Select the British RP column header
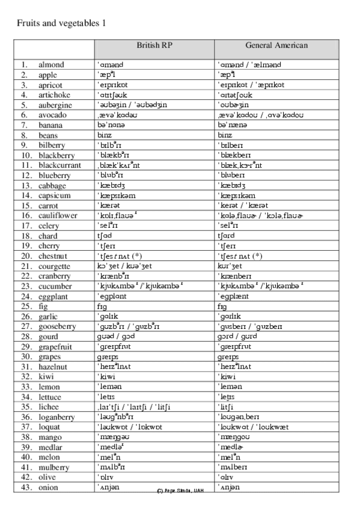click(x=154, y=46)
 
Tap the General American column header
click(x=276, y=46)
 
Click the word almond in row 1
click(x=52, y=64)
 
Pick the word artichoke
click(x=55, y=94)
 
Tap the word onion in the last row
click(x=49, y=487)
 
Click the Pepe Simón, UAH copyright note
click(x=180, y=490)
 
